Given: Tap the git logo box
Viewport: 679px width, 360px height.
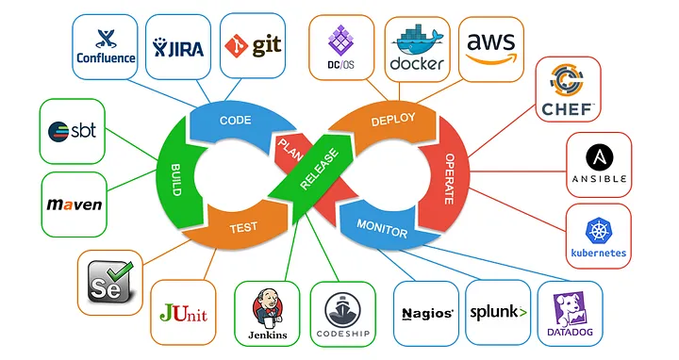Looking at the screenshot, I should [x=252, y=44].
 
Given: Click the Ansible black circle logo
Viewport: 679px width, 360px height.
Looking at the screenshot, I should [x=599, y=164].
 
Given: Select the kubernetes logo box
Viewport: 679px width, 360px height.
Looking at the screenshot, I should [x=599, y=237].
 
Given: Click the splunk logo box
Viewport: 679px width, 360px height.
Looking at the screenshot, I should [x=499, y=311].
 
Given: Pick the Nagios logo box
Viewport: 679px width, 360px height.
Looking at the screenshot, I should [x=426, y=312].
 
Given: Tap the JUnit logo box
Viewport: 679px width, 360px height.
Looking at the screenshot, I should [x=183, y=312].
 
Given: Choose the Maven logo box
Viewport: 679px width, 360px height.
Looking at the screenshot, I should [x=74, y=204].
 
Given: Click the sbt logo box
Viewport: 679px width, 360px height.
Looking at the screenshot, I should [x=74, y=131].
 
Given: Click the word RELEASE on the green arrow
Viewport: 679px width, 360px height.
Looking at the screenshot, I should [x=317, y=170].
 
